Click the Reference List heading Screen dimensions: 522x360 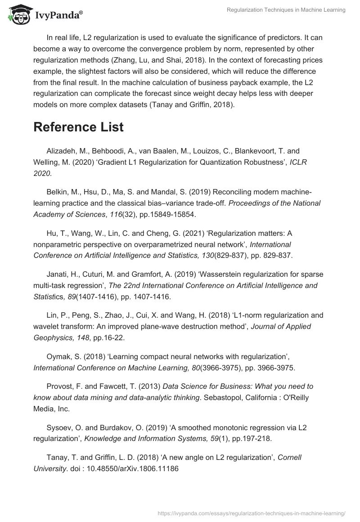pos(78,127)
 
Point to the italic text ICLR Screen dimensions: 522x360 pos(298,162)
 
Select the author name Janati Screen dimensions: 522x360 pos(58,274)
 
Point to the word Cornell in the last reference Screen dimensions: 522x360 pos(289,457)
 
